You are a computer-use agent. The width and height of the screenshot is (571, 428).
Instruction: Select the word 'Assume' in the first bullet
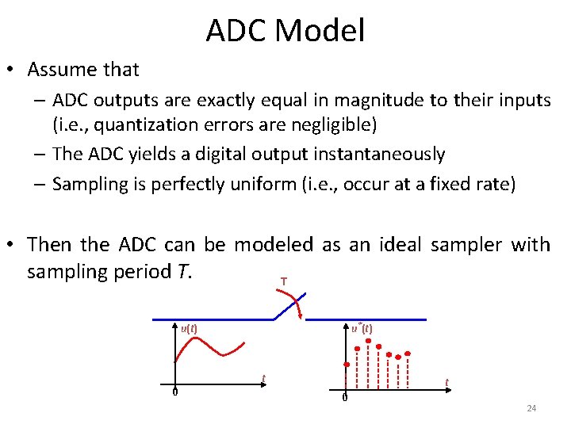pos(64,70)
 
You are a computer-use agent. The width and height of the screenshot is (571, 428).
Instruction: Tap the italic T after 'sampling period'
pos(182,272)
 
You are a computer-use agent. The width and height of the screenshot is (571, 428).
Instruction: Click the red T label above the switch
pos(283,281)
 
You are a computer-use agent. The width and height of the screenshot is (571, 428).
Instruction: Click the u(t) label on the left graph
pos(189,327)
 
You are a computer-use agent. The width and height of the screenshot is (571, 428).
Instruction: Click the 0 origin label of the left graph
pos(174,392)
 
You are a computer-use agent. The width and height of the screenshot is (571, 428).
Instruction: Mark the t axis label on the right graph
pos(446,382)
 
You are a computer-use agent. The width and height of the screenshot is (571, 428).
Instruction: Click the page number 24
pos(531,408)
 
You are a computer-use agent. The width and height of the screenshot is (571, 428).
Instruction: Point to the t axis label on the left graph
pos(263,377)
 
